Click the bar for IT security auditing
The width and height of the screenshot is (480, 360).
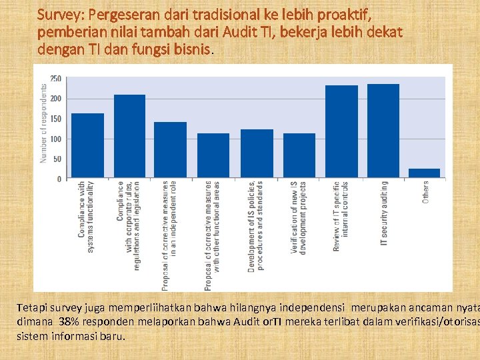coord(383,131)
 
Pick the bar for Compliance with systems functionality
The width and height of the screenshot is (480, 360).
coord(87,146)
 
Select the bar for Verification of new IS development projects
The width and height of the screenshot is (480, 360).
coord(299,156)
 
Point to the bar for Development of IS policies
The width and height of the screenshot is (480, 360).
coord(257,154)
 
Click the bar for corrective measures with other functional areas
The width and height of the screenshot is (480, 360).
coord(213,156)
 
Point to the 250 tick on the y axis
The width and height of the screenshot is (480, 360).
coord(55,79)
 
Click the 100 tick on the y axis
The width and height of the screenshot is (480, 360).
coord(55,139)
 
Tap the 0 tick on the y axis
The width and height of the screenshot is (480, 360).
coord(59,179)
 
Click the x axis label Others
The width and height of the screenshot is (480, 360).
coord(425,193)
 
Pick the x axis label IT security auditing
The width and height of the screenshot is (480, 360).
coord(384,213)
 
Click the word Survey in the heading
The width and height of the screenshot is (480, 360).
coord(58,13)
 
